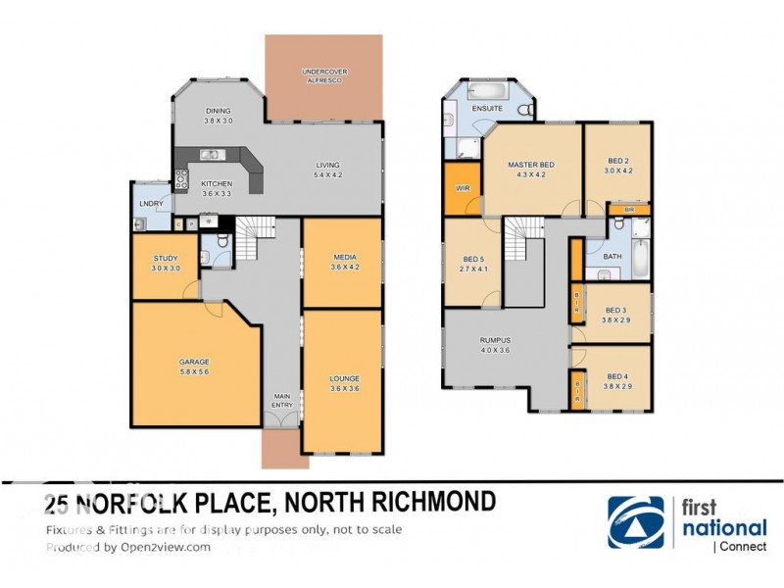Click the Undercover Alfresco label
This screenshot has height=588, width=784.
[323, 75]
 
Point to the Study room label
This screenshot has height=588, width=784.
[166, 259]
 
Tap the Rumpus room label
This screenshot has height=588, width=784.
[495, 340]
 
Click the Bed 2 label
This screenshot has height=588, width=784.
[616, 160]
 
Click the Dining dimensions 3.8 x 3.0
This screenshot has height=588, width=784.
[219, 121]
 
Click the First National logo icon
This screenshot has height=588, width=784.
[635, 521]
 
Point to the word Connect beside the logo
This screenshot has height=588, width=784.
[746, 546]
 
